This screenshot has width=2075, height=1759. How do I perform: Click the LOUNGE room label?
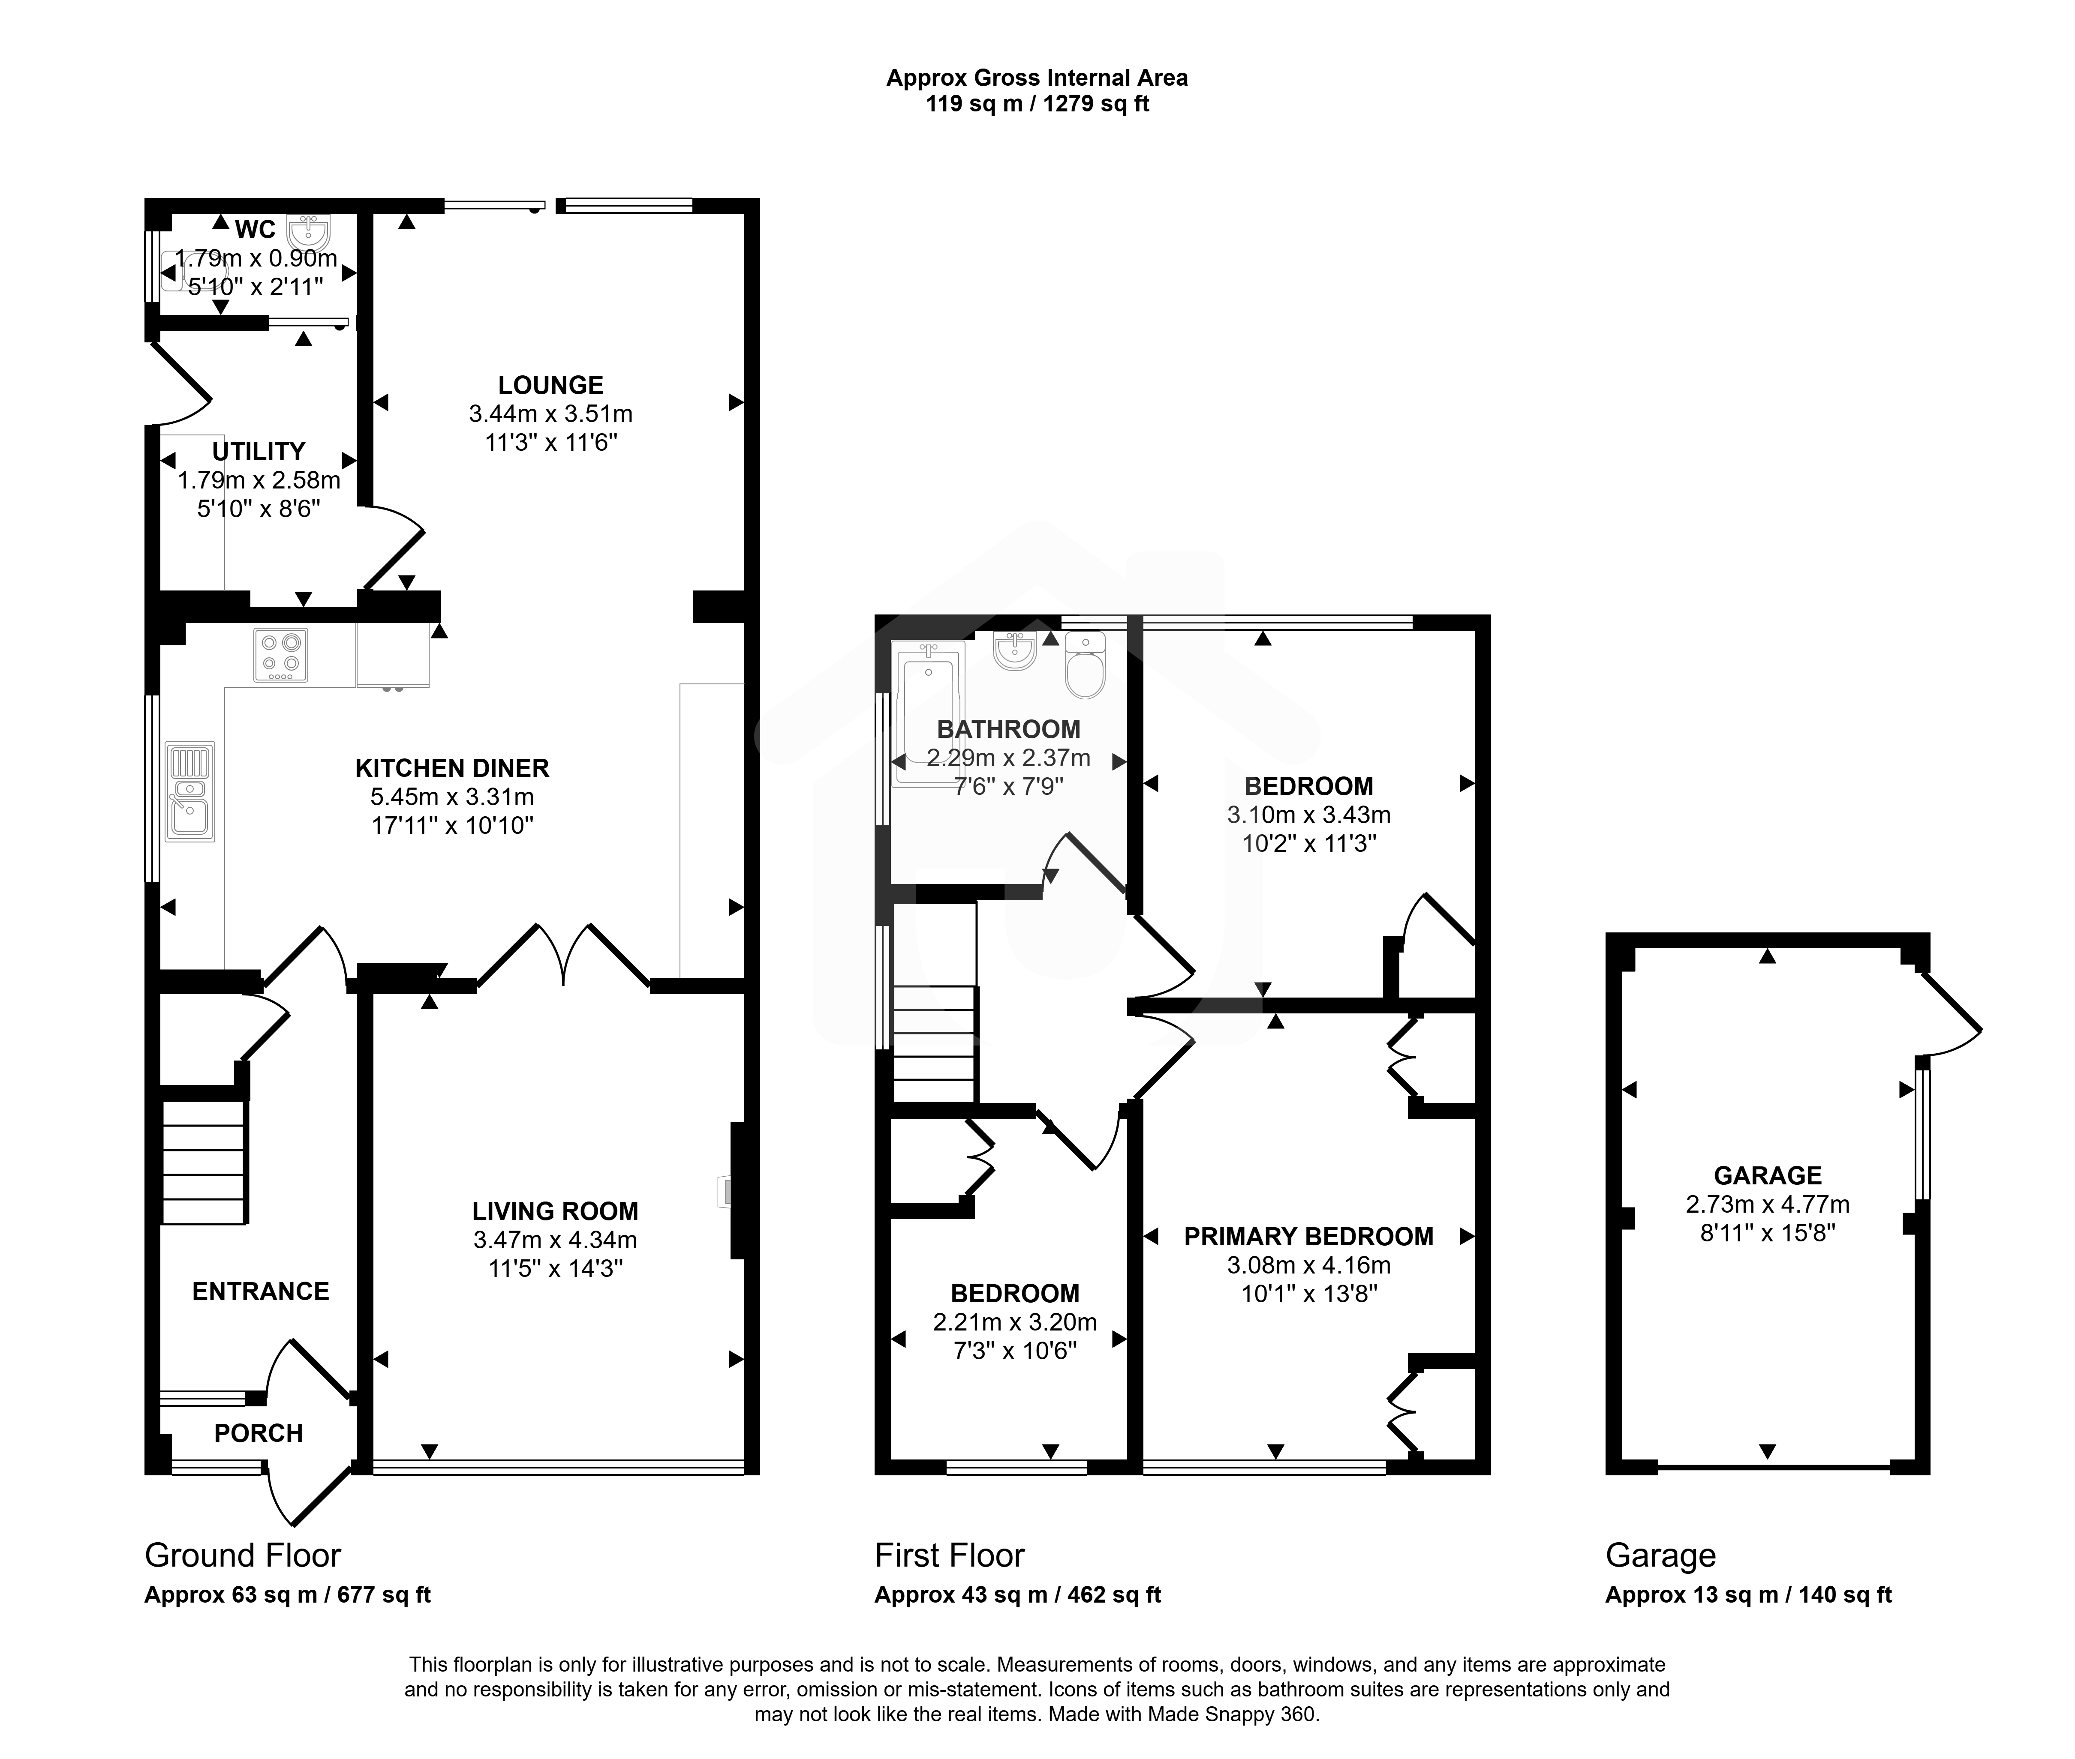550,385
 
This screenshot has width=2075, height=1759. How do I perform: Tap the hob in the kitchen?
280,655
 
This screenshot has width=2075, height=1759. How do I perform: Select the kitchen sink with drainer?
189,792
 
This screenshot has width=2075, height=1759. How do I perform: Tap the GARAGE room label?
1768,1176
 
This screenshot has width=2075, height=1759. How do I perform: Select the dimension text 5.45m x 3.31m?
452,797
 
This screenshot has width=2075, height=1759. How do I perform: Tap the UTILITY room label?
259,452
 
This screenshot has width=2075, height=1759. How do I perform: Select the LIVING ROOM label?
556,1211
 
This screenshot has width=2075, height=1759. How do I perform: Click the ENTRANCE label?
260,1292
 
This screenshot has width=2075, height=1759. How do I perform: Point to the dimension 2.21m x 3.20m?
1014,1322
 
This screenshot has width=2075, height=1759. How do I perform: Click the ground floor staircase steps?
204,1162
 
